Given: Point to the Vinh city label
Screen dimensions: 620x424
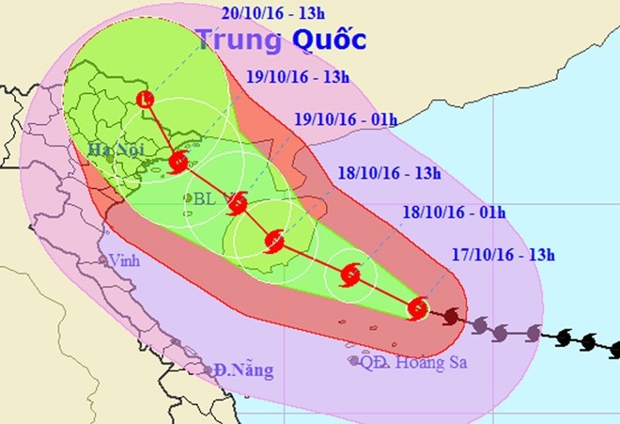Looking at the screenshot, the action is point(123,260).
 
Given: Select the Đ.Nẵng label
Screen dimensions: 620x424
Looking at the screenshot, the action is point(242,370).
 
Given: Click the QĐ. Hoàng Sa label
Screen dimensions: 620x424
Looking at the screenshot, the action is point(413,362).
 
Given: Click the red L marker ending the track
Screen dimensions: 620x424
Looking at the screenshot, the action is point(144,100).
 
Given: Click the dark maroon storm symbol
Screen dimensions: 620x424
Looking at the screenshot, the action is point(452,317).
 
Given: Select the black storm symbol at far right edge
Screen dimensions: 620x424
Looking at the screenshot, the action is point(614,349).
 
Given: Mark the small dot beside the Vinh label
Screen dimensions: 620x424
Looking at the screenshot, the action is point(103,260).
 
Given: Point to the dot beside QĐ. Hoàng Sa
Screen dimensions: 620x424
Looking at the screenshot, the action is point(353,360).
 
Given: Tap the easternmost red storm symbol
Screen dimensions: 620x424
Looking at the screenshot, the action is point(419,307).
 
